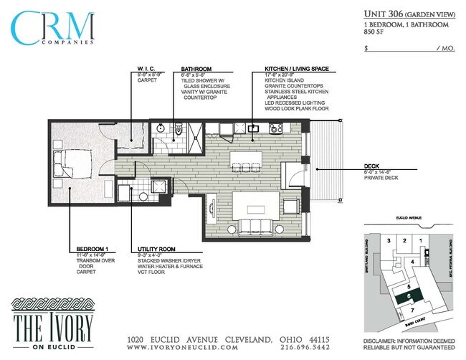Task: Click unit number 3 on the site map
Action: (389, 240)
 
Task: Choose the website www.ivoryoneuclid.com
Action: (182, 346)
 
